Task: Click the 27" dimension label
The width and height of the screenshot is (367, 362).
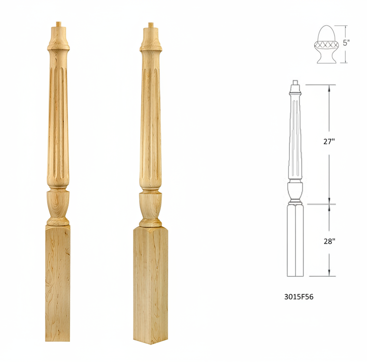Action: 329,142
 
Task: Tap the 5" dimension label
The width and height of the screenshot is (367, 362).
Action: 346,43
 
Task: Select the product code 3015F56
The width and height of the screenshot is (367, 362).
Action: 299,297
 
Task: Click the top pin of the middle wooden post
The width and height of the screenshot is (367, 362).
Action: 150,25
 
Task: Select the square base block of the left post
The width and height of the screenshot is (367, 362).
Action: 57,282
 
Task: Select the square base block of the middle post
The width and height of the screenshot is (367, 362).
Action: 150,285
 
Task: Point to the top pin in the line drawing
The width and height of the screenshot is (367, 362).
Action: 295,82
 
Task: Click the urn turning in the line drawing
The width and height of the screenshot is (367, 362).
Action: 295,190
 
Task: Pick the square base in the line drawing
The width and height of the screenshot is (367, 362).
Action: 295,240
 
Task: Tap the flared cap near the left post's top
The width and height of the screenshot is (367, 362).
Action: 58,40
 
